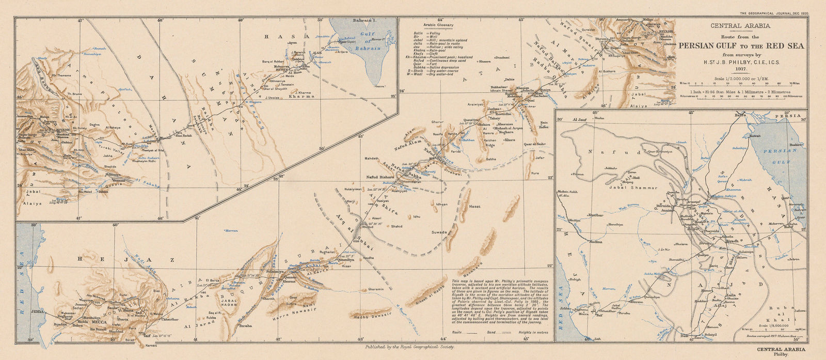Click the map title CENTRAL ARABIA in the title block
pyautogui.click(x=740, y=25)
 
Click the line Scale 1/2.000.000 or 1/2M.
pyautogui.click(x=740, y=79)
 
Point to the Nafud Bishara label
pyautogui.click(x=378, y=177)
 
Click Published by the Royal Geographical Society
pyautogui.click(x=409, y=348)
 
